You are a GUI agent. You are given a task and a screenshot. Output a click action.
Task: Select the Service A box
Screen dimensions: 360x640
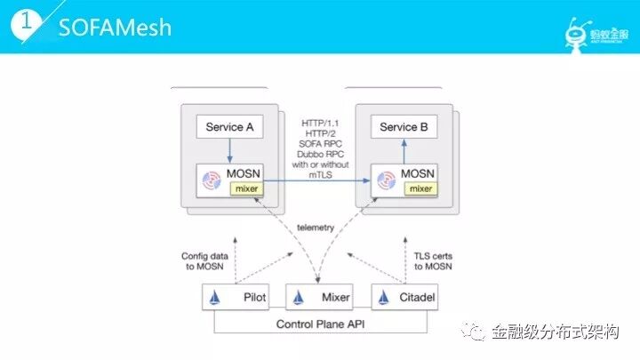click(230, 127)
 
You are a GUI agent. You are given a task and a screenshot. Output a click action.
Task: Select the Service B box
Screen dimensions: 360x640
click(404, 127)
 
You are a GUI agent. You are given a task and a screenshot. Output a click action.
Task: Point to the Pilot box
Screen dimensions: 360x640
click(236, 298)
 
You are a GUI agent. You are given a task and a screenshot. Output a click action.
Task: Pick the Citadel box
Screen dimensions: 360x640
click(404, 298)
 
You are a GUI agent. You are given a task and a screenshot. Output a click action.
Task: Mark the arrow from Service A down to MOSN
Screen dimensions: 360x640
click(230, 150)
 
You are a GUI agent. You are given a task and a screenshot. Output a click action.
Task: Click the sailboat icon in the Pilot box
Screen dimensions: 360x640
click(214, 298)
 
